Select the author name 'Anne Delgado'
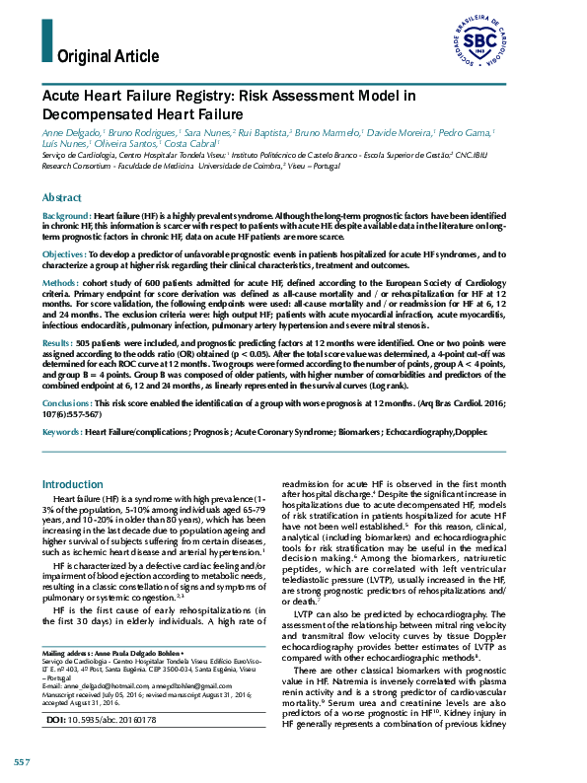[x=70, y=131]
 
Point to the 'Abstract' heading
[x=62, y=197]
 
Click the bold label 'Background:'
[x=66, y=215]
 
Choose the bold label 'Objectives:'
[x=65, y=253]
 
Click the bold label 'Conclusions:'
[x=69, y=403]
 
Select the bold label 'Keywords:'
[x=62, y=432]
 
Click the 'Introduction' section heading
[x=71, y=484]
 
